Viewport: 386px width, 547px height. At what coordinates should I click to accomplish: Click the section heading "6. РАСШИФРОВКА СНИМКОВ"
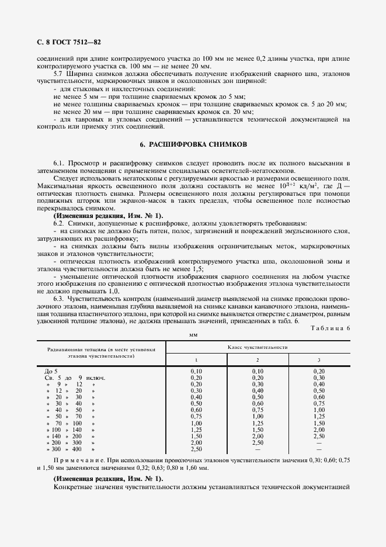point(193,144)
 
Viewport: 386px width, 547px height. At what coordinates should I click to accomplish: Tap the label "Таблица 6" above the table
point(329,328)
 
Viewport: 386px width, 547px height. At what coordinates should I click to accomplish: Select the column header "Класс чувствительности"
point(257,347)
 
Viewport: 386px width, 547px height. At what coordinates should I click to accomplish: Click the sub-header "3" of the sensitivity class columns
point(319,359)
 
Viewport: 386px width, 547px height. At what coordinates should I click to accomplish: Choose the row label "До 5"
point(51,371)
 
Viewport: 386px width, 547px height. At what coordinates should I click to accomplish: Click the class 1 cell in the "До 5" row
point(196,371)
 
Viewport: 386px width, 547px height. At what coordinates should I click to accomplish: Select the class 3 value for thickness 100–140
point(319,429)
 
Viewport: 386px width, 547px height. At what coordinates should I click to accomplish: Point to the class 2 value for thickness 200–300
point(258,442)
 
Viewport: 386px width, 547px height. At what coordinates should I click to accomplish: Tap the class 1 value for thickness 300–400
point(196,448)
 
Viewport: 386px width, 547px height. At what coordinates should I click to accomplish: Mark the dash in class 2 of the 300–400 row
point(258,448)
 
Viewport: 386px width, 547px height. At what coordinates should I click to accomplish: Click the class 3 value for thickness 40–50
point(319,410)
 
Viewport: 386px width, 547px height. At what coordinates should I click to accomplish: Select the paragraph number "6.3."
point(58,299)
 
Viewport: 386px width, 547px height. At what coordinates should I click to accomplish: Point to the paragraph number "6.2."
point(58,224)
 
